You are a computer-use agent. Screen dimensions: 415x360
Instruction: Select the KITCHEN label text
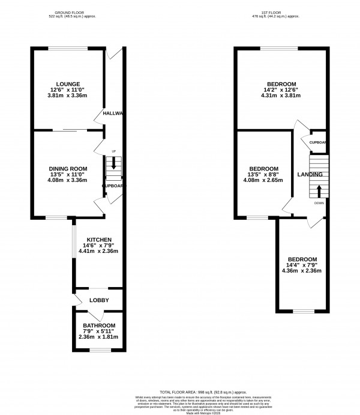coord(98,240)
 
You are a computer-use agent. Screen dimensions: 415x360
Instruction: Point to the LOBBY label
coord(98,299)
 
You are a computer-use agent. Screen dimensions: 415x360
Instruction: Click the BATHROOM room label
coord(98,326)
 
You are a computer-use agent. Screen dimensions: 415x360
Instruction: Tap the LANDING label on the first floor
coord(310,175)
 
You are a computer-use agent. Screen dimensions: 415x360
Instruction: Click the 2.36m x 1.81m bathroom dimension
coord(98,338)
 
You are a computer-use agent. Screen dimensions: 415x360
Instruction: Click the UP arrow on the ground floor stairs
coord(112,163)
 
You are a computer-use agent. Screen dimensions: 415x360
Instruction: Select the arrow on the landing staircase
coord(318,191)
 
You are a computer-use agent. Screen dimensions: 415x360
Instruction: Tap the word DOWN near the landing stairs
coord(319,203)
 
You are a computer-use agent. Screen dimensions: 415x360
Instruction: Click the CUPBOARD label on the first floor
coord(317,142)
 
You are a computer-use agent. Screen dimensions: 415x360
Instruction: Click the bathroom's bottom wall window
coord(98,348)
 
